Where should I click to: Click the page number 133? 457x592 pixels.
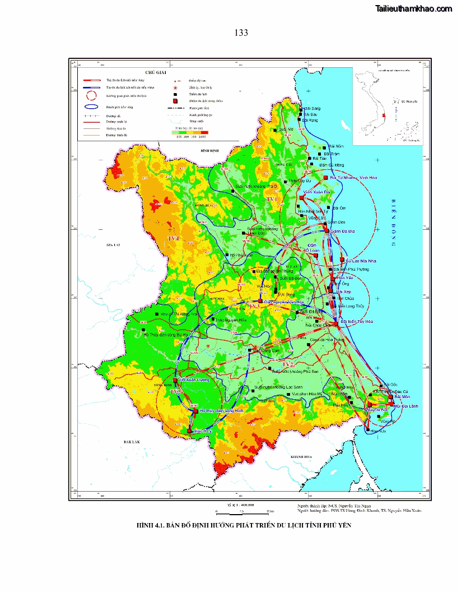pos(241,33)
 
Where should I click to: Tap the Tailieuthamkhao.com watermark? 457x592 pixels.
pos(414,8)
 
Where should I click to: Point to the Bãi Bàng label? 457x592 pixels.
pos(312,108)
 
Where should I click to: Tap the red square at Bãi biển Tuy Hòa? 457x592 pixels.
pos(335,322)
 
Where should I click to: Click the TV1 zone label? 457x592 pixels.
pos(272,200)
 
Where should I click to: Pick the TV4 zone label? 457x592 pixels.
pos(173,238)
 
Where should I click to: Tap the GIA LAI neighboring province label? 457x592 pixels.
pos(114,246)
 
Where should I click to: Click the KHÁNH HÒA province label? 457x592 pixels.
pos(301,458)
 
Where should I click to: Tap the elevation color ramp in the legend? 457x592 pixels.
pos(188,132)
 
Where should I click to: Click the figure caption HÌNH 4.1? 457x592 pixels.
pos(244,525)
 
